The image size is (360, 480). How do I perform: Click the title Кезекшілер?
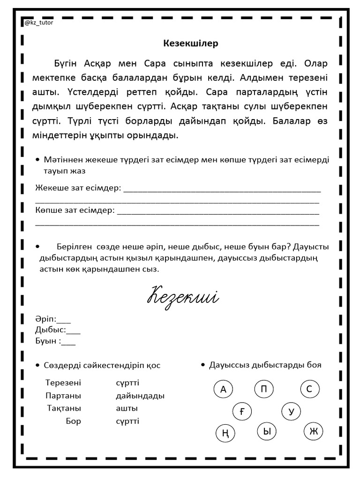pyautogui.click(x=191, y=44)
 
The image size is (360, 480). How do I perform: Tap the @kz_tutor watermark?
pyautogui.click(x=38, y=22)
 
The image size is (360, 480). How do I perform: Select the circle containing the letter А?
pyautogui.click(x=223, y=389)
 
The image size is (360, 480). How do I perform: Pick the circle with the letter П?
pyautogui.click(x=264, y=389)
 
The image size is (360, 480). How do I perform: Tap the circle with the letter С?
pyautogui.click(x=309, y=389)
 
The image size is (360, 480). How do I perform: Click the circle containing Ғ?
pyautogui.click(x=242, y=412)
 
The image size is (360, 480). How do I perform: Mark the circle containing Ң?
pyautogui.click(x=225, y=434)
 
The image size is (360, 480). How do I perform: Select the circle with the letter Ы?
pyautogui.click(x=267, y=432)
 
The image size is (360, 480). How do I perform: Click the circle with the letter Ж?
pyautogui.click(x=313, y=431)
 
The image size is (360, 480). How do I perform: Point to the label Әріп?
pyautogui.click(x=45, y=319)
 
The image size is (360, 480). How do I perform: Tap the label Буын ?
pyautogui.click(x=48, y=341)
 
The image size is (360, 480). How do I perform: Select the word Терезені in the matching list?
pyautogui.click(x=63, y=382)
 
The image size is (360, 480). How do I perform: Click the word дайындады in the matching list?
pyautogui.click(x=140, y=396)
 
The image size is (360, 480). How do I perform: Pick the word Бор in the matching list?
pyautogui.click(x=74, y=421)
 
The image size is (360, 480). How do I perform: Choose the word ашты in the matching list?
pyautogui.click(x=127, y=408)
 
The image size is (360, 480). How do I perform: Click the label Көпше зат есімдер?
pyautogui.click(x=75, y=210)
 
